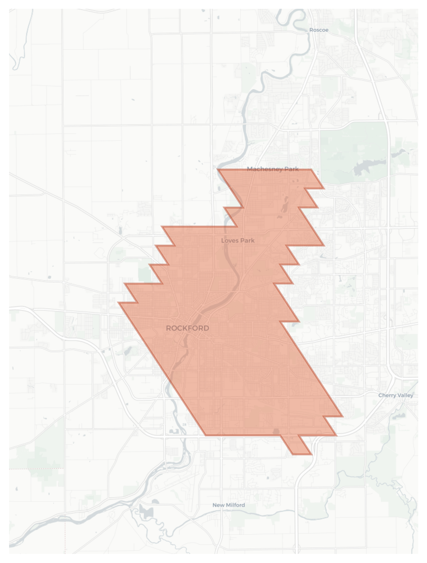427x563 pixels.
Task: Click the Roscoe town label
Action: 319,30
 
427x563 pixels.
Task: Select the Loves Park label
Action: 238,240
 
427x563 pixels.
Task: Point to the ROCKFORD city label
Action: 187,328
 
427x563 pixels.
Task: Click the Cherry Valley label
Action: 396,395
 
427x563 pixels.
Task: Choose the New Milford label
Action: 229,505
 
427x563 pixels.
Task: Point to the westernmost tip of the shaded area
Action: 118,303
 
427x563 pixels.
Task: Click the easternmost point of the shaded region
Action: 343,417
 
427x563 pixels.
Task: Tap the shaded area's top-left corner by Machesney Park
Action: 218,170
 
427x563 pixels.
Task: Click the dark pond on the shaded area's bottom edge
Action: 276,431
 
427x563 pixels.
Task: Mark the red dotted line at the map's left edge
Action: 36,469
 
